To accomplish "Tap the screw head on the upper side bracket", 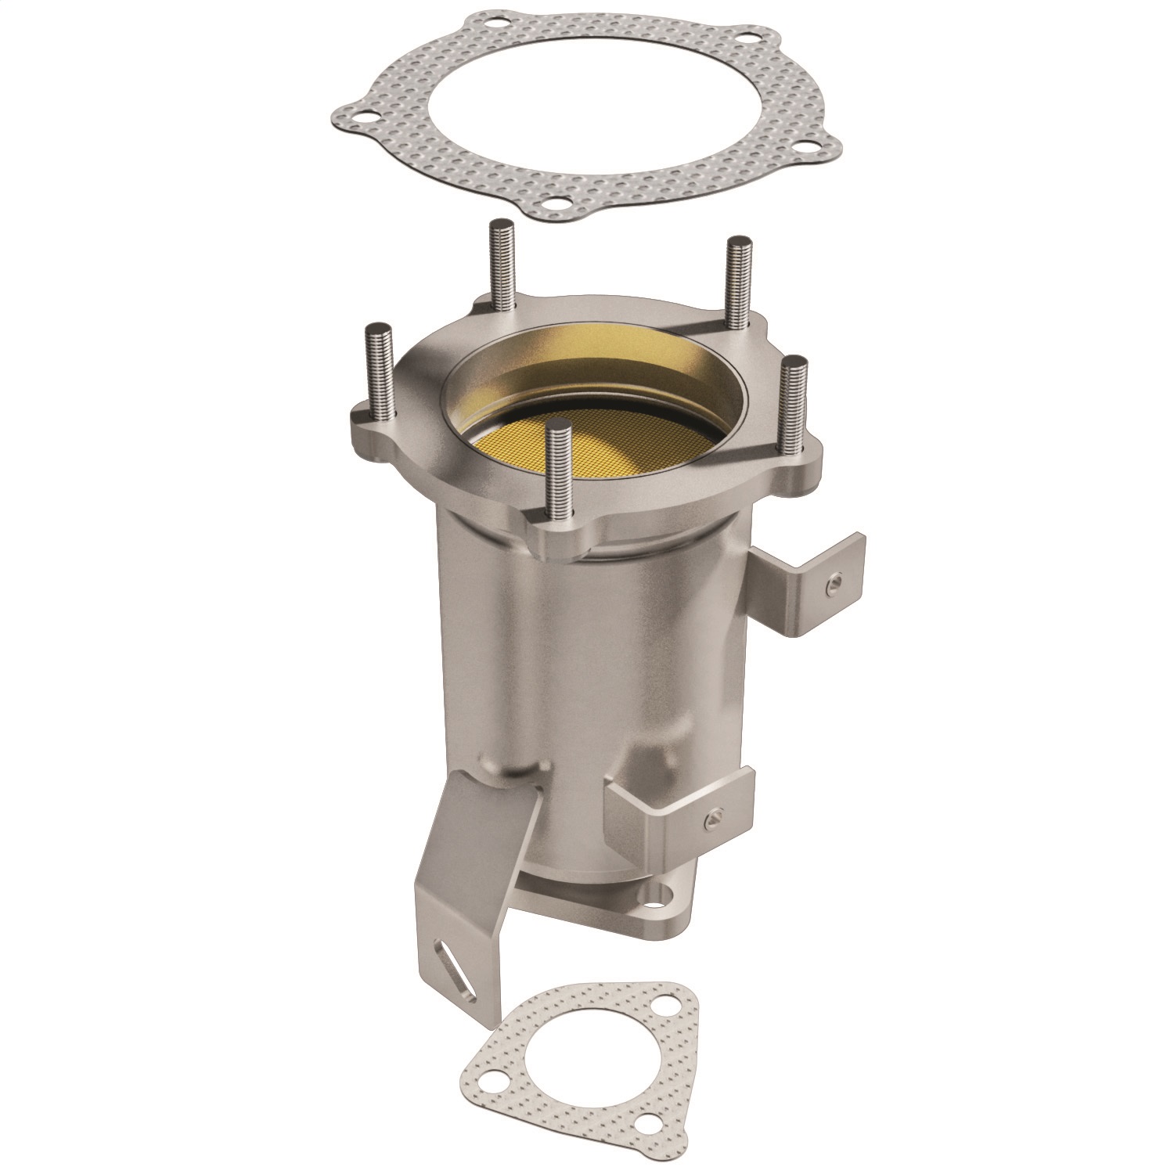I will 835,582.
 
